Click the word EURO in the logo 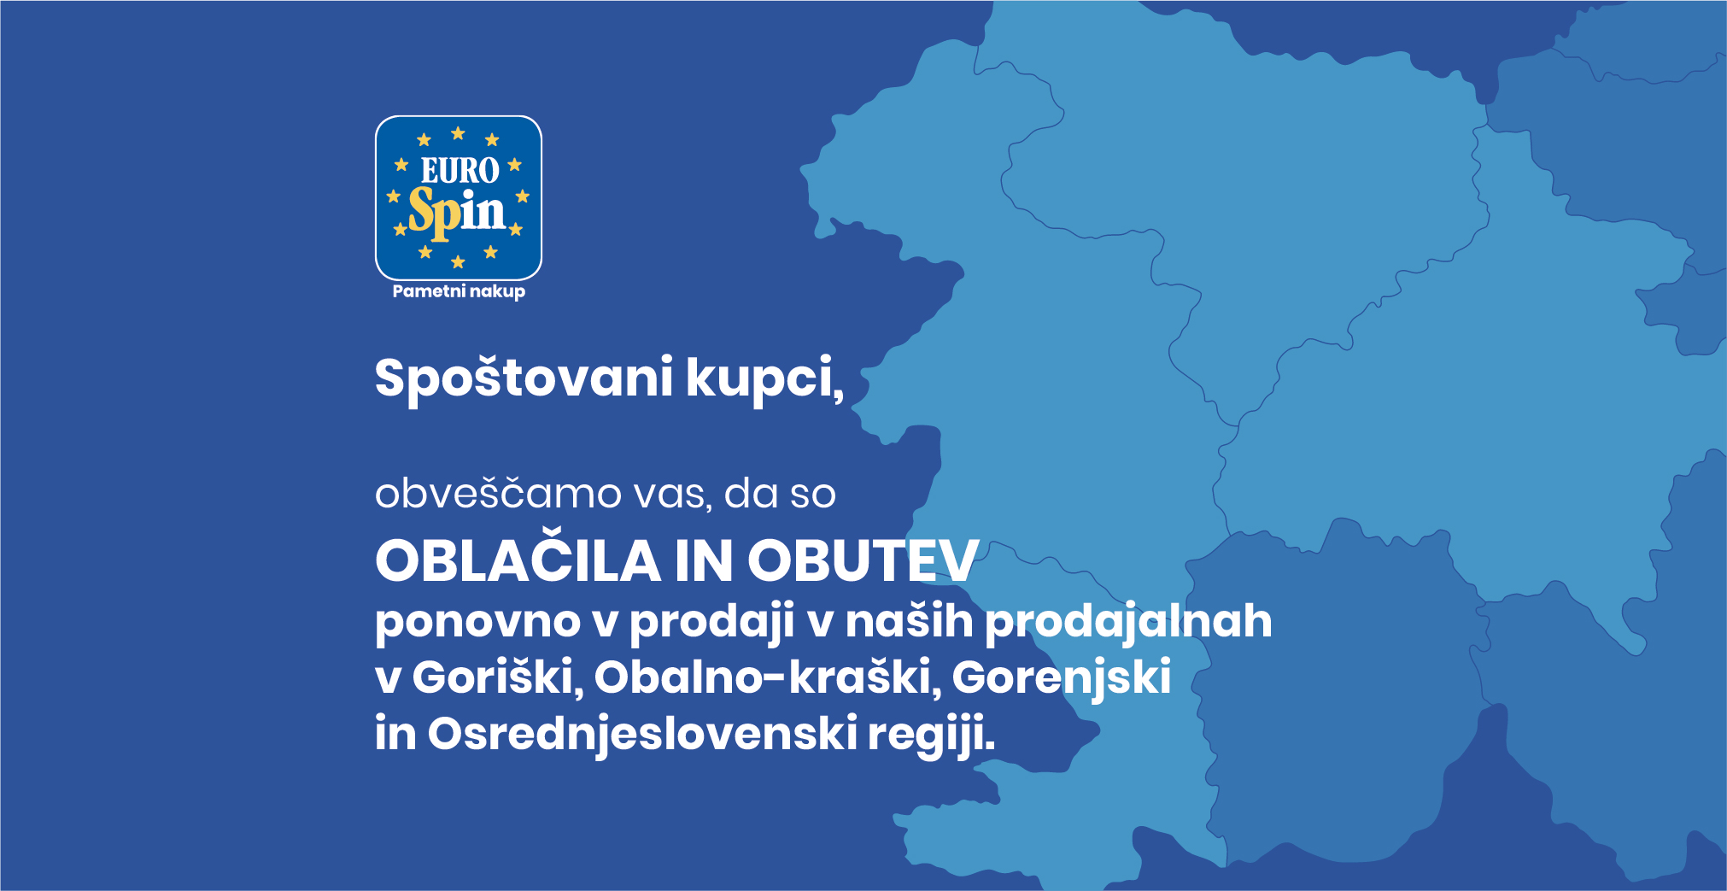(460, 170)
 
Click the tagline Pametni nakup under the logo (459, 291)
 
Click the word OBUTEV (863, 561)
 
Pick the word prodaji (712, 622)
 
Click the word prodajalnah (1128, 622)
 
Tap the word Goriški (498, 678)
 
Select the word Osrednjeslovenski (642, 734)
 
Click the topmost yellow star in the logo (458, 133)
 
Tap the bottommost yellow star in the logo (458, 261)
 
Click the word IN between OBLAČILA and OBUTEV (704, 561)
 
